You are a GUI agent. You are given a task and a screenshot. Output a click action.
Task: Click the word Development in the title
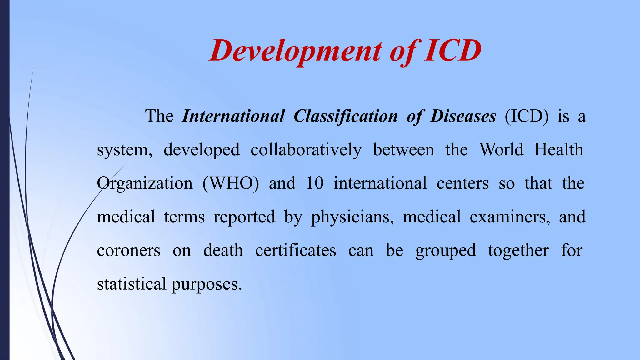(x=296, y=51)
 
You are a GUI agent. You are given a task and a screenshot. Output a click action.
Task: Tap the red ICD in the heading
(x=452, y=51)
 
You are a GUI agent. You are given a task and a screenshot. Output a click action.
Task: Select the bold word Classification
(x=346, y=116)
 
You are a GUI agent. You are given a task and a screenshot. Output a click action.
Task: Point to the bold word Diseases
(x=463, y=116)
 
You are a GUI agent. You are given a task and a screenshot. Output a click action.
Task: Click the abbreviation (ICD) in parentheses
(x=527, y=116)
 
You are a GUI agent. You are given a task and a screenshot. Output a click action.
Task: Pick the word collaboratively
(x=306, y=150)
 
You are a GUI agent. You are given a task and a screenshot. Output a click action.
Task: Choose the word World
(x=501, y=150)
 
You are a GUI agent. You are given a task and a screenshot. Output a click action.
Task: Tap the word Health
(x=558, y=150)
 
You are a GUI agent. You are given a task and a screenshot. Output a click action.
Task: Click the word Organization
(x=145, y=183)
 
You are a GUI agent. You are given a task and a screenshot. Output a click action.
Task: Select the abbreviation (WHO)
(x=231, y=183)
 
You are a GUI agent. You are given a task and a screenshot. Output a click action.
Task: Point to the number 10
(x=314, y=183)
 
